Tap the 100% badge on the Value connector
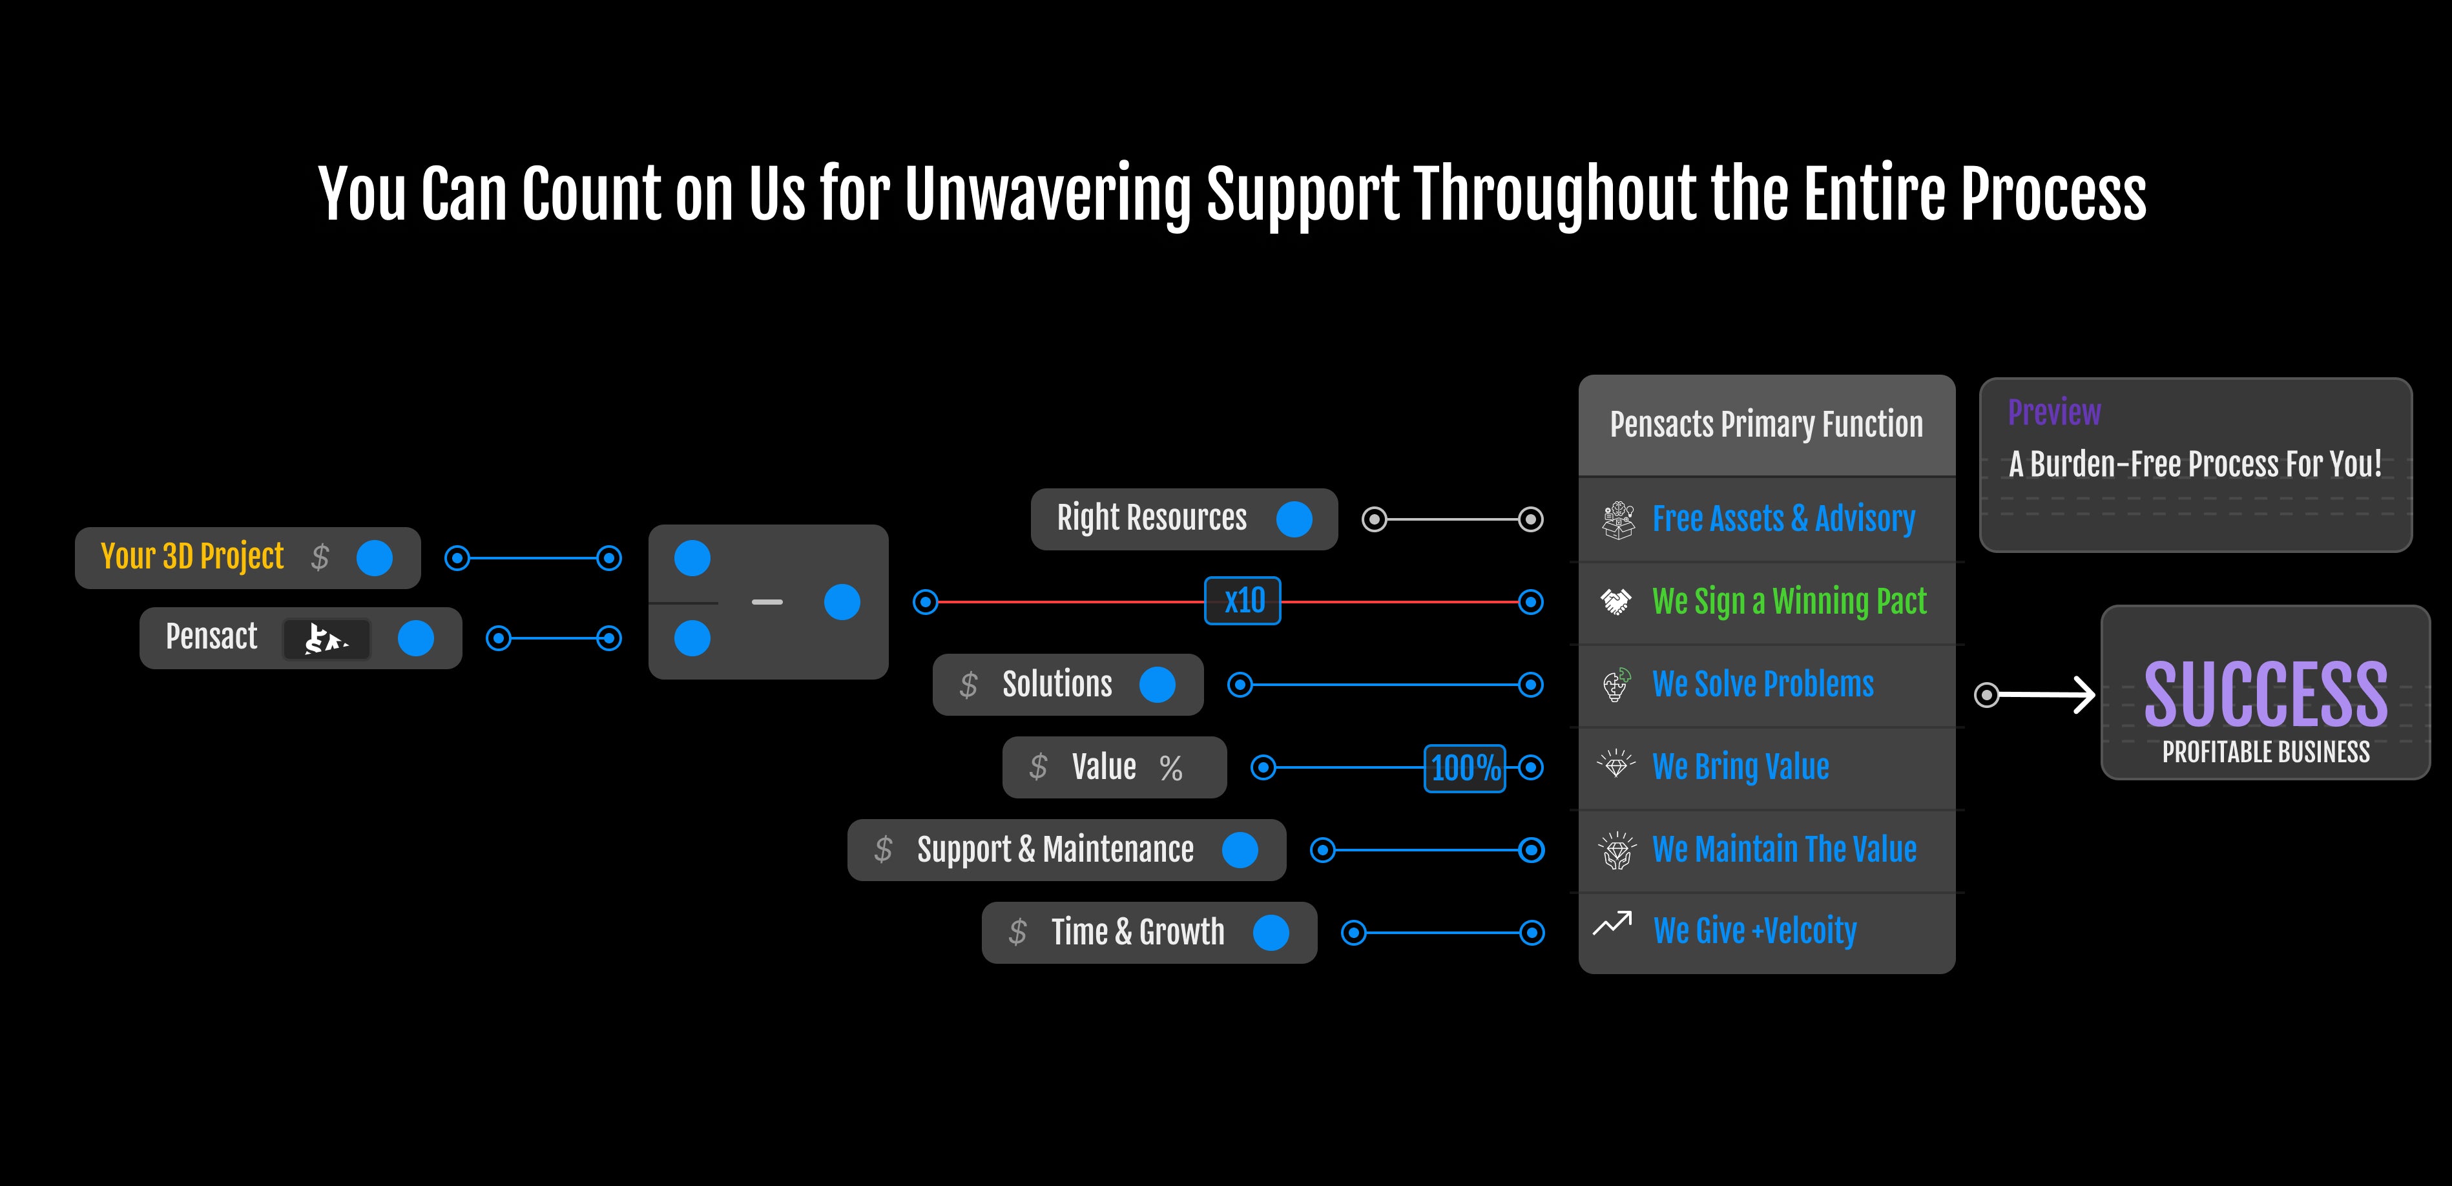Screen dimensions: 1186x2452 point(1465,767)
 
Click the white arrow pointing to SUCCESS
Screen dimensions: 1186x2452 point(2046,695)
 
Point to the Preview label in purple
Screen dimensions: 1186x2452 point(2054,412)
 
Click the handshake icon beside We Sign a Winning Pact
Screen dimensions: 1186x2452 point(1616,601)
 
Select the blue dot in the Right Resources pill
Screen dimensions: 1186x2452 point(1294,519)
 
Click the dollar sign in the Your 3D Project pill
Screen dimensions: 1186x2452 point(320,557)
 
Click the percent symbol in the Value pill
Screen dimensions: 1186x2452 point(1171,767)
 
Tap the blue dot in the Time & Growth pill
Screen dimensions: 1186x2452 point(1271,933)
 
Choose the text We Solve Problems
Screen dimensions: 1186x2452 point(1763,684)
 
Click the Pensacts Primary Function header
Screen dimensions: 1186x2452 point(1766,424)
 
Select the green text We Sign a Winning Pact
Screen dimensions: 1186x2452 point(1789,601)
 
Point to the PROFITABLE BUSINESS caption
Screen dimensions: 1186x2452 point(2265,752)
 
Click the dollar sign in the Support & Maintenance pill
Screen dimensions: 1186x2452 point(884,849)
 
